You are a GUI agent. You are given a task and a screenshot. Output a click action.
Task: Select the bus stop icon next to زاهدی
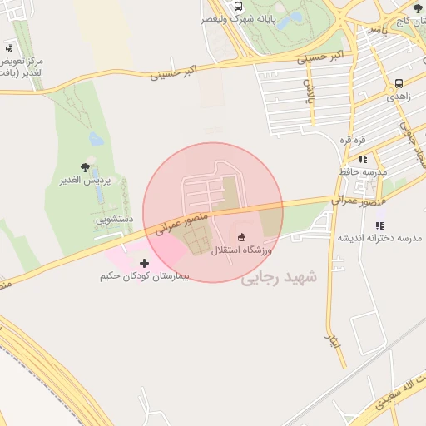coord(400,83)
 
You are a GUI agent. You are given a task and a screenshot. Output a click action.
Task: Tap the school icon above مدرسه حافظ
coord(363,159)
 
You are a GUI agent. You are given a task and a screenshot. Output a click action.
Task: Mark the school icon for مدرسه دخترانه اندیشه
coord(379,225)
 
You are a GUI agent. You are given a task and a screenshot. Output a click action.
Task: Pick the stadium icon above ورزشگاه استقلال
coord(242,236)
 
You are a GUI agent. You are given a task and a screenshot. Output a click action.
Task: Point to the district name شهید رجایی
coord(280,278)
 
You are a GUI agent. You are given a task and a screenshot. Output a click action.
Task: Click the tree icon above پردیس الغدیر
coord(86,166)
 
